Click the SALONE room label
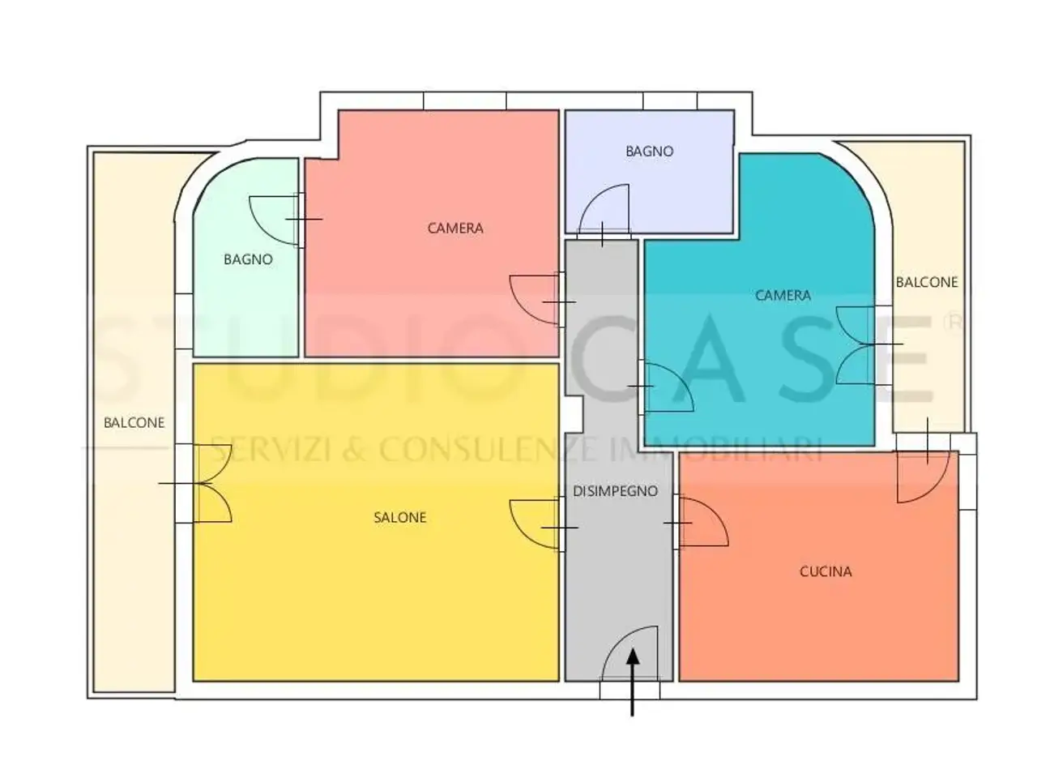pos(399,517)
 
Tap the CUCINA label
pos(825,571)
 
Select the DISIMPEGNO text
pos(615,491)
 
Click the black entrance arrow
pos(632,683)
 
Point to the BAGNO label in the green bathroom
pos(248,259)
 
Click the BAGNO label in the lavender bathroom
pos(649,152)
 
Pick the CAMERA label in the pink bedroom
pos(455,229)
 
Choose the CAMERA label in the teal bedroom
pos(783,295)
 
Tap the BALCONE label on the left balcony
pos(134,422)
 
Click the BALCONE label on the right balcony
pos(927,282)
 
